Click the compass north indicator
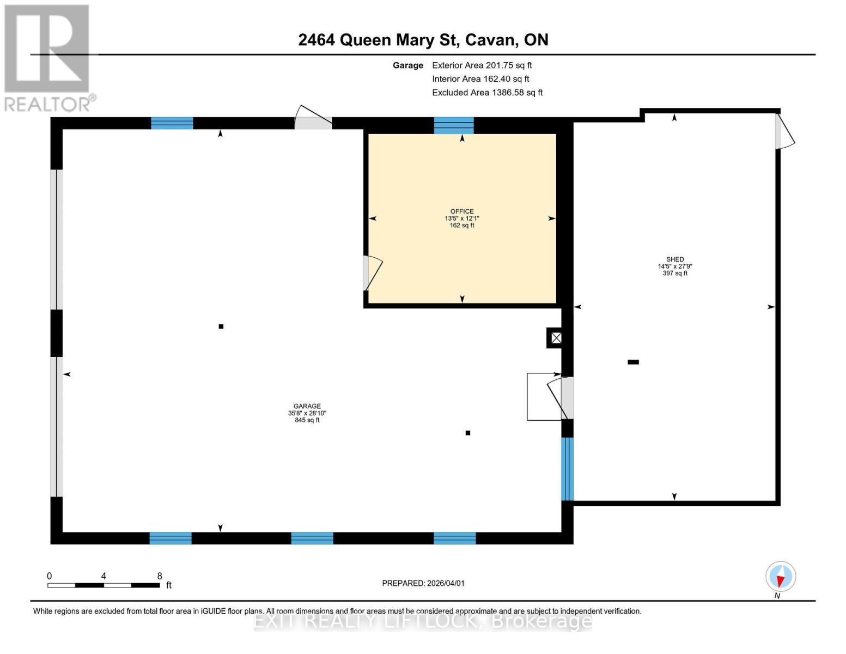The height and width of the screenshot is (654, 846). coord(781,577)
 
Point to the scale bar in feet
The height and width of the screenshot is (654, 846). coord(104,585)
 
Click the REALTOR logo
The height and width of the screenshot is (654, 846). coord(48,57)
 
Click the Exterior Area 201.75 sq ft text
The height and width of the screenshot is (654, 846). coord(482,65)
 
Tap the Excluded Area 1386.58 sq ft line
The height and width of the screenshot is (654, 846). coord(487,92)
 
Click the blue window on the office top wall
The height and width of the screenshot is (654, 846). coord(454,125)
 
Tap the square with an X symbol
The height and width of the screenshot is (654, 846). coord(556,338)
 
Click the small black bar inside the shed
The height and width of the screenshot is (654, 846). coord(633,362)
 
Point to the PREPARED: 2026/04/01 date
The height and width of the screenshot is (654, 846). coord(423,583)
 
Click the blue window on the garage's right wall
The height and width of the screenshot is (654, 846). coord(567,469)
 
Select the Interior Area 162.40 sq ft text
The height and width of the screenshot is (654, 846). coord(480,78)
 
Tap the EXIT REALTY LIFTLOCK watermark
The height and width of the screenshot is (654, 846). coord(423,621)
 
